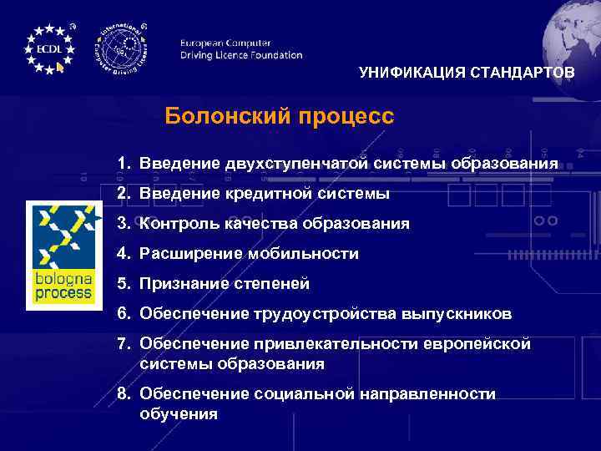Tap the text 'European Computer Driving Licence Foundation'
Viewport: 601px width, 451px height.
240,49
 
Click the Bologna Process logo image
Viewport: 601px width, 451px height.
64,255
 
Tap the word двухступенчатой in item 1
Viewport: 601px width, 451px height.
296,163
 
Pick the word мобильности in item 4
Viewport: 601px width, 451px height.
306,254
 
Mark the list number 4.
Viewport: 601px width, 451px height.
123,254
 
